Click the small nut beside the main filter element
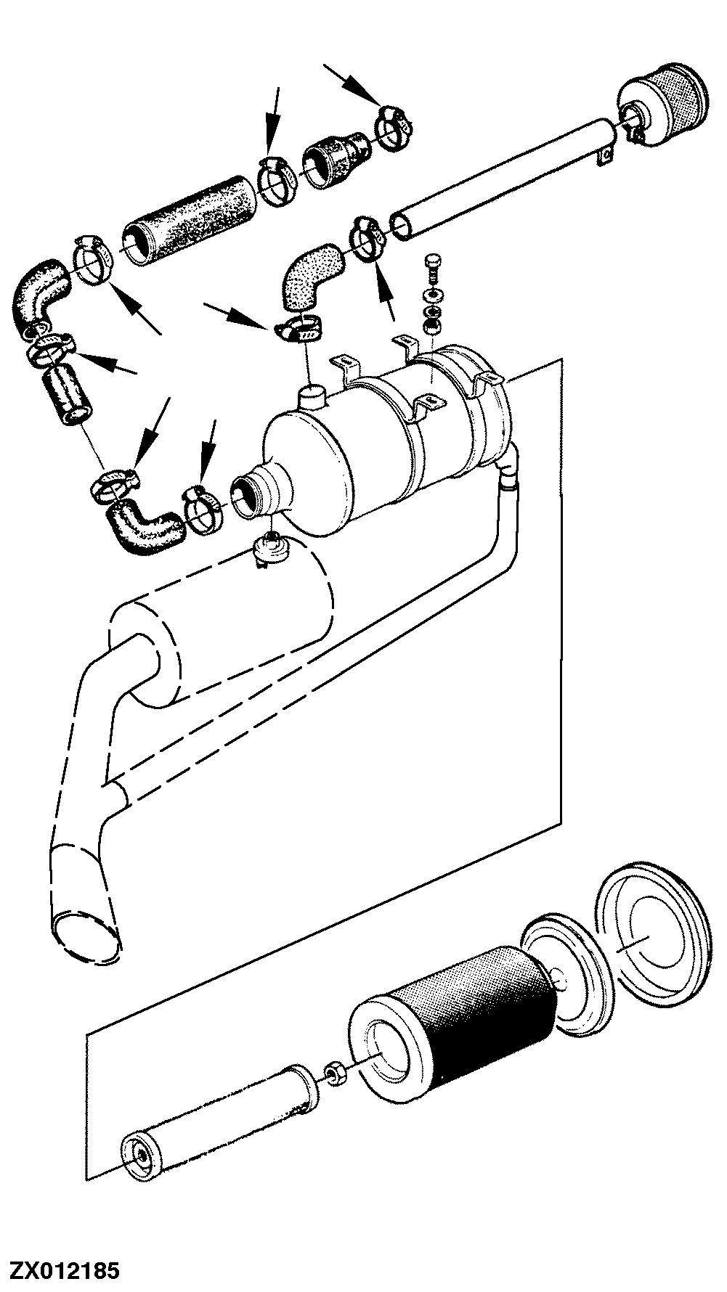(x=336, y=1071)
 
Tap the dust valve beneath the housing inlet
(x=270, y=549)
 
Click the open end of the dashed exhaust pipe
(x=85, y=936)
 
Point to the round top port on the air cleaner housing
(x=313, y=396)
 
